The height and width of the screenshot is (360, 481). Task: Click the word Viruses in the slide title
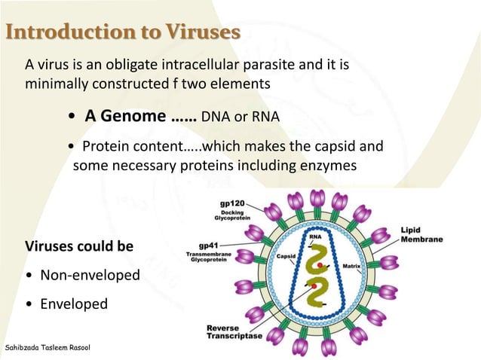[x=204, y=32]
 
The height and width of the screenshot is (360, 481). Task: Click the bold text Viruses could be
[x=80, y=247]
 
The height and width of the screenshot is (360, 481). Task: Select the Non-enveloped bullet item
[x=90, y=275]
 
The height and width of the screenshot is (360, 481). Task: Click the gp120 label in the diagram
[x=231, y=203]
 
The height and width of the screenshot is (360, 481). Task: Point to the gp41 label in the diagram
[x=208, y=246]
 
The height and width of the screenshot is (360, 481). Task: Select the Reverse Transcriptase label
[x=234, y=331]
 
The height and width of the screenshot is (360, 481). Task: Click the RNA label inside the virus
[x=316, y=236]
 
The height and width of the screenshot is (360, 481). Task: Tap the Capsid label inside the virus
[x=286, y=256]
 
